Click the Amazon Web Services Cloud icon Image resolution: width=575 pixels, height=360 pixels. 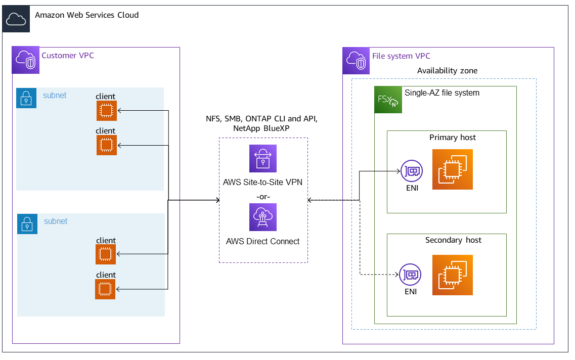pyautogui.click(x=16, y=19)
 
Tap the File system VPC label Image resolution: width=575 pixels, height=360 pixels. pyautogui.click(x=401, y=56)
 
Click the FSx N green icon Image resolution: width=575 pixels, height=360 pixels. pyautogui.click(x=388, y=100)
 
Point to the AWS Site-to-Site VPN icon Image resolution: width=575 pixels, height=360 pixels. pyautogui.click(x=263, y=159)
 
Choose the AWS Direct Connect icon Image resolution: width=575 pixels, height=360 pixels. pyautogui.click(x=263, y=217)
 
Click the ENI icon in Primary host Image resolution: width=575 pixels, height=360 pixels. pyautogui.click(x=411, y=171)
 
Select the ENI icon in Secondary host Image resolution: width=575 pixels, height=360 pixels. pyautogui.click(x=410, y=275)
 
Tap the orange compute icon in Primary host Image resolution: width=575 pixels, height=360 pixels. pyautogui.click(x=453, y=169)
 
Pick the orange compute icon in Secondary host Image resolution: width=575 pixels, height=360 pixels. pyautogui.click(x=453, y=275)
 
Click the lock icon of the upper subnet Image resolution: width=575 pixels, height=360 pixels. pyautogui.click(x=26, y=98)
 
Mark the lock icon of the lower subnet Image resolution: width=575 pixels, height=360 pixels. pyautogui.click(x=27, y=223)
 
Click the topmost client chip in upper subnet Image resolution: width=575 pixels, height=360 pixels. pyautogui.click(x=107, y=111)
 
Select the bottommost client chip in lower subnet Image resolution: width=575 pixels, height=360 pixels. pyautogui.click(x=105, y=289)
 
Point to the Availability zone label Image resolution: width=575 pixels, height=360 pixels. pyautogui.click(x=447, y=71)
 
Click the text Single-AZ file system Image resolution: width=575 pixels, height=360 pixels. pyautogui.click(x=442, y=93)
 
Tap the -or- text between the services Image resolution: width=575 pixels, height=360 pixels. pyautogui.click(x=263, y=195)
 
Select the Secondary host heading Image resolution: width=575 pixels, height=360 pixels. pyautogui.click(x=453, y=240)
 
